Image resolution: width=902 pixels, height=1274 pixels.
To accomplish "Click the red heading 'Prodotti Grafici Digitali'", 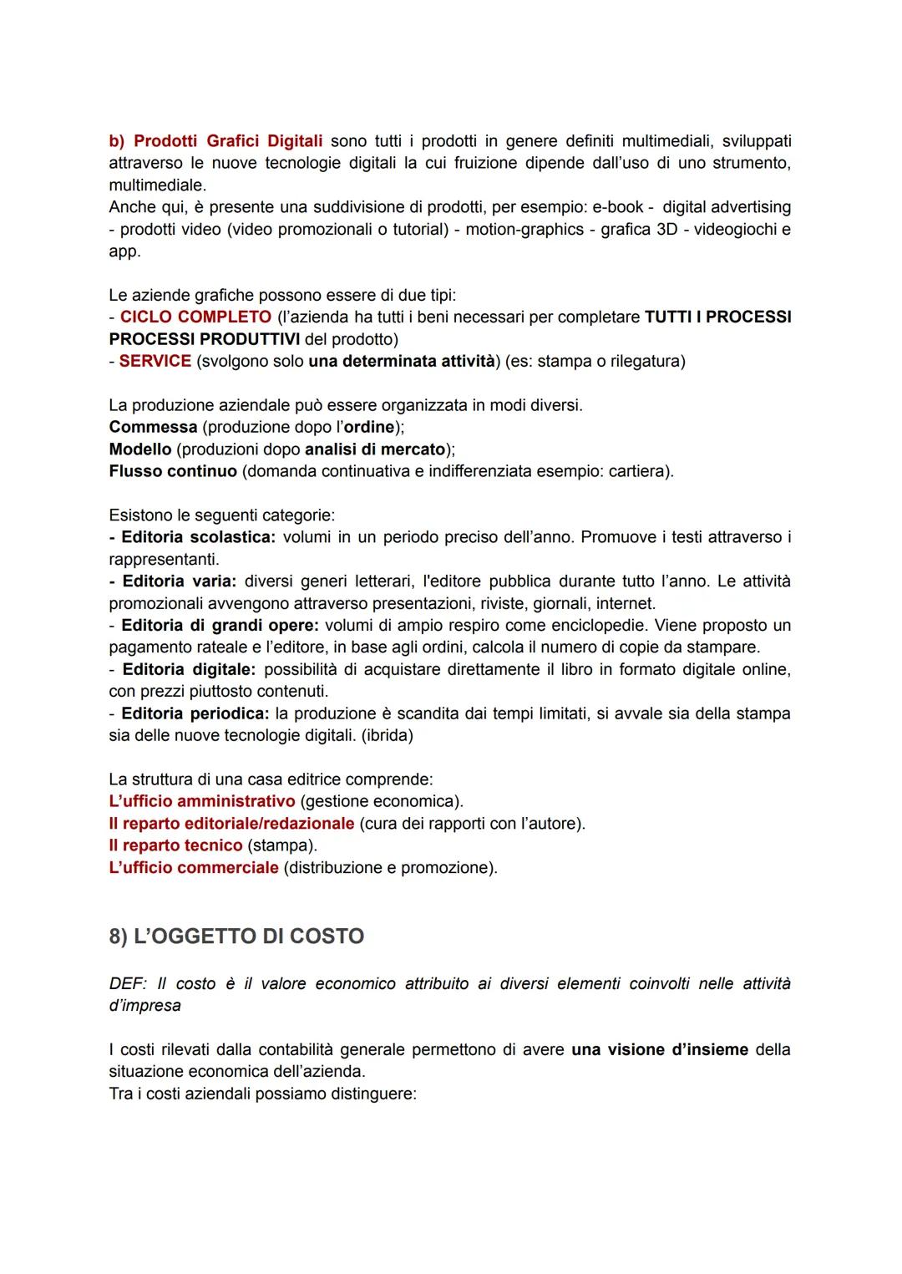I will tap(228, 140).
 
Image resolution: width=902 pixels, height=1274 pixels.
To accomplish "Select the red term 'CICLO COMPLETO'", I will tap(195, 317).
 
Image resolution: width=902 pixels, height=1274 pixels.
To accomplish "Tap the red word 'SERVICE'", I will tap(155, 362).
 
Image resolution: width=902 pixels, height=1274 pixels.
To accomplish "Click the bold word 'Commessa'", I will tap(154, 428).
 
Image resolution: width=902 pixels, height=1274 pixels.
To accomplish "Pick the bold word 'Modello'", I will tap(140, 449).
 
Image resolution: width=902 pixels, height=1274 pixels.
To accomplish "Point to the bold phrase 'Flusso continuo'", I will tap(173, 471).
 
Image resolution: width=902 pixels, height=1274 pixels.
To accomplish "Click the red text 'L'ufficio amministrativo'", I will tap(202, 802).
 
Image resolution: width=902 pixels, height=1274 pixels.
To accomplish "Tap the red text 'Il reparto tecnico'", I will tap(176, 845).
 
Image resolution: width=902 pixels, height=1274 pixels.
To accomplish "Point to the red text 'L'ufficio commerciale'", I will tap(194, 868).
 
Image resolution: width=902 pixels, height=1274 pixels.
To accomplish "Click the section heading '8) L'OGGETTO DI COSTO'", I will tap(236, 936).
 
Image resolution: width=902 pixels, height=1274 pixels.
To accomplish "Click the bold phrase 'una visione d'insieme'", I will tap(660, 1050).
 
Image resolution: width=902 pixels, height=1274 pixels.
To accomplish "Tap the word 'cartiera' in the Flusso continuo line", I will tap(638, 471).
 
